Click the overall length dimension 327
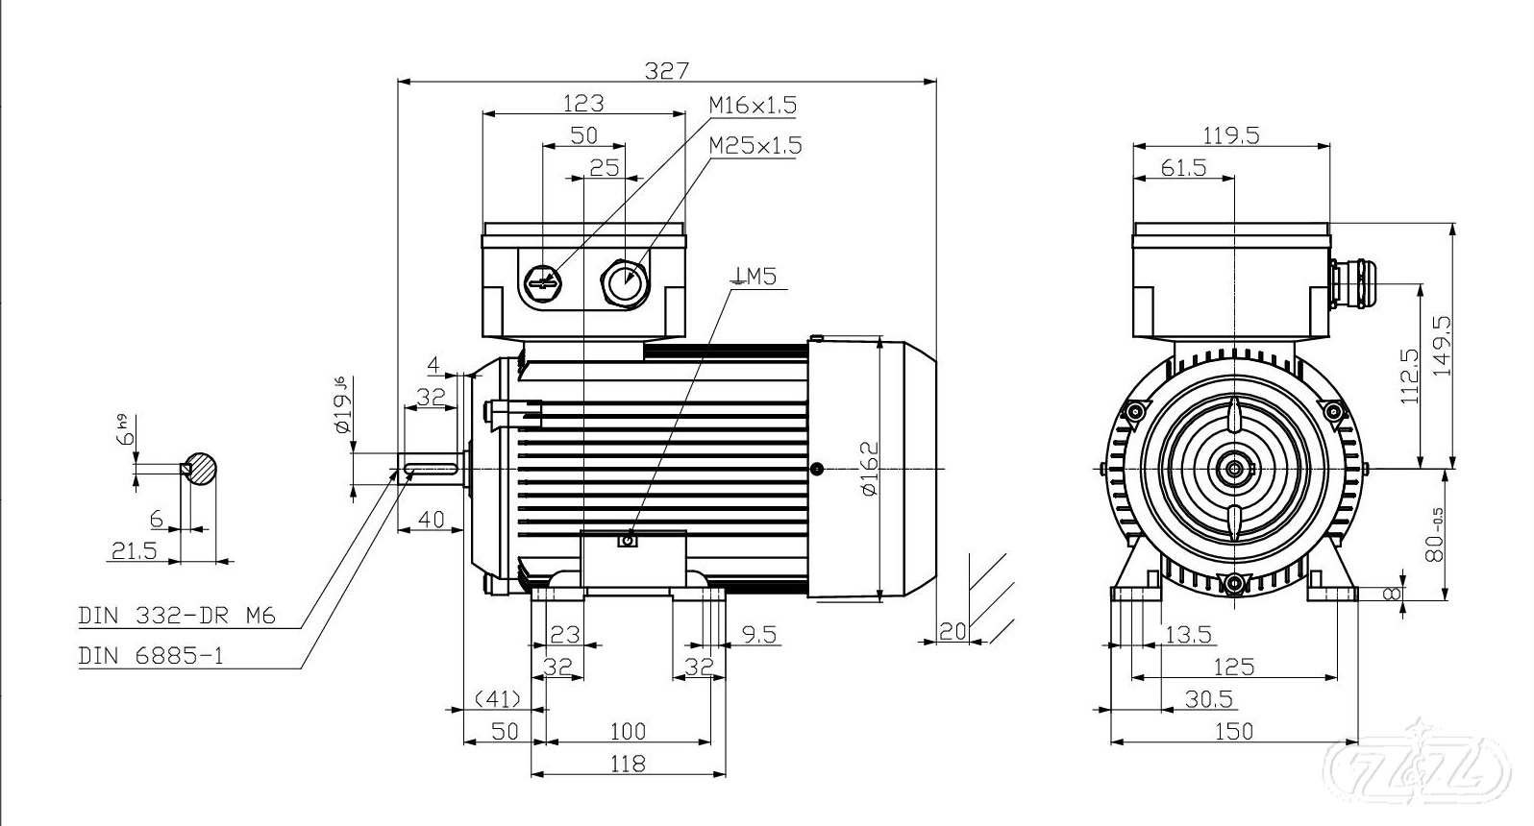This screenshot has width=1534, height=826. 666,70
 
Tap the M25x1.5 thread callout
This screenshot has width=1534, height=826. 755,146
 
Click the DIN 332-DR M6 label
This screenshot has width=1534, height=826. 177,616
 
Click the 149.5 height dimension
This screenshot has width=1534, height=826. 1443,347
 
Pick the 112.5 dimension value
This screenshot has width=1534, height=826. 1410,376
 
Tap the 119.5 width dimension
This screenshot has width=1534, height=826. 1230,135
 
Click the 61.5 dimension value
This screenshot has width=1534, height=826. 1183,168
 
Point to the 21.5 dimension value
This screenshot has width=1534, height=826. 135,550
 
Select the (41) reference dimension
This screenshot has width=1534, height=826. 498,698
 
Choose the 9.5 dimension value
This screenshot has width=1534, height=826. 759,634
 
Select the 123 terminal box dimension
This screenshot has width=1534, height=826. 583,103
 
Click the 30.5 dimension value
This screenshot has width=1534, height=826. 1208,699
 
